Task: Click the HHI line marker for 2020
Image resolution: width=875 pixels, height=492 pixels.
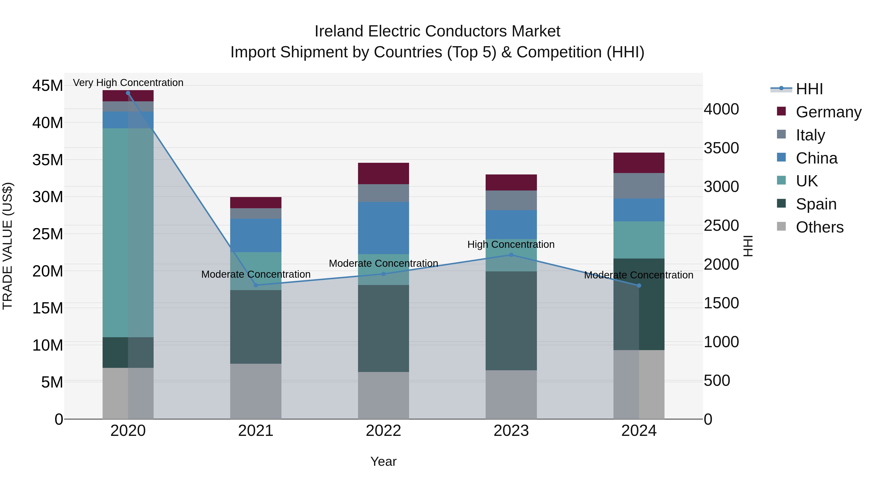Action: click(128, 93)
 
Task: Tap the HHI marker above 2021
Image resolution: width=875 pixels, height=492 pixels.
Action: click(256, 285)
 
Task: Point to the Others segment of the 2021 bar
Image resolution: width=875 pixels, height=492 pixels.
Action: click(256, 391)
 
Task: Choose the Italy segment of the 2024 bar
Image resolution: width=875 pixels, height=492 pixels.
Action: click(639, 186)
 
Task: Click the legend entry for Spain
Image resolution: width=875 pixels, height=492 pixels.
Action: click(816, 204)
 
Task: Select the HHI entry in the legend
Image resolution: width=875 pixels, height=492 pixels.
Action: click(809, 89)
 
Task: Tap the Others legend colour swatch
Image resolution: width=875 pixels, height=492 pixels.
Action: click(781, 226)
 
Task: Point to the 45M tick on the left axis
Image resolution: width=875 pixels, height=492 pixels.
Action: click(48, 86)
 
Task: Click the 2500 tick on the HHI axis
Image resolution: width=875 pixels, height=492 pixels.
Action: click(721, 225)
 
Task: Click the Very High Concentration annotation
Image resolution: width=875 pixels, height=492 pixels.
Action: click(128, 83)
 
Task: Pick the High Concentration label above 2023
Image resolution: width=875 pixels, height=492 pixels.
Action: click(511, 244)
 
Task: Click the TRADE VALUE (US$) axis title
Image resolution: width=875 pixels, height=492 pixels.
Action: click(8, 246)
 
